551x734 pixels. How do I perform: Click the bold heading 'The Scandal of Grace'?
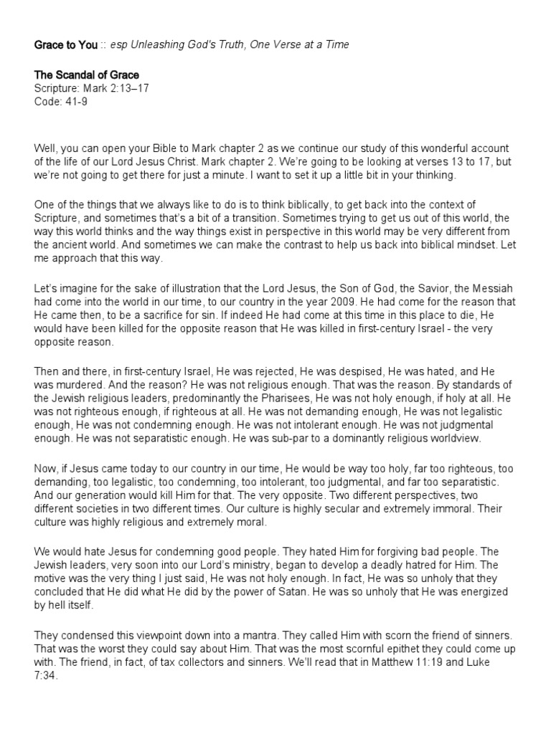tap(87, 75)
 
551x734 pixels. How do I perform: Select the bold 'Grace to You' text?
tap(66, 45)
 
